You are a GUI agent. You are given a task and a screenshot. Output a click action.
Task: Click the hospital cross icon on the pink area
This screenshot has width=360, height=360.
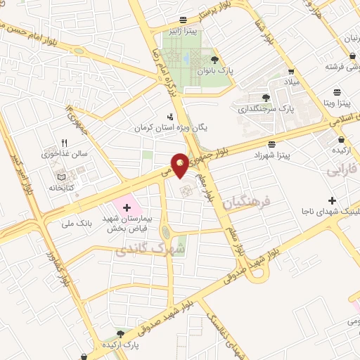127,207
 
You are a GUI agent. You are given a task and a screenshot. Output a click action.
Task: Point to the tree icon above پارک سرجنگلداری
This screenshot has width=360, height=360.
265,98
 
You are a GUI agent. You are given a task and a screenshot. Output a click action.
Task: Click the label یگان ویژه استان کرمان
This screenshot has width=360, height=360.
171,129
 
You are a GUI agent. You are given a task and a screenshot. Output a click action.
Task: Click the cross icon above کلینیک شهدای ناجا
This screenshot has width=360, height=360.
332,200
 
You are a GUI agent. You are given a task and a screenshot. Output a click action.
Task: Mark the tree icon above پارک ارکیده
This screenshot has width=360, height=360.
120,334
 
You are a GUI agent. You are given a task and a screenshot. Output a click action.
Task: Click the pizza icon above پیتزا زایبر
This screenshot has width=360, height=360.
183,20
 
